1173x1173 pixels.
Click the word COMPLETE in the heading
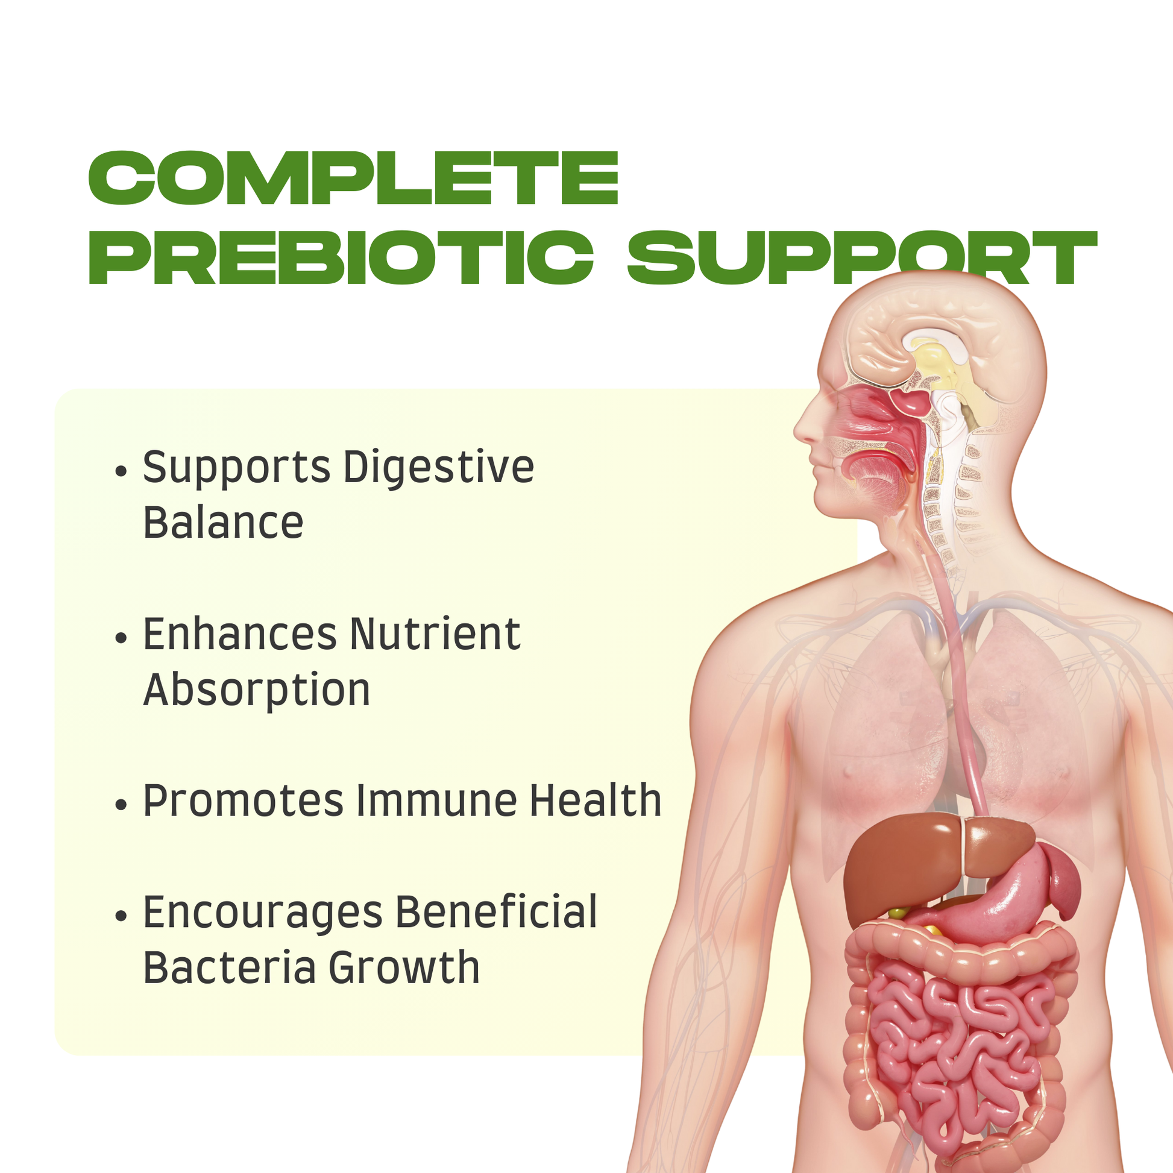click(353, 178)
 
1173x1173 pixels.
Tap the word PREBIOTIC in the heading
click(341, 257)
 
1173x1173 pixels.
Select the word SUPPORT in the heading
click(862, 257)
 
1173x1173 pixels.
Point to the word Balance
click(223, 522)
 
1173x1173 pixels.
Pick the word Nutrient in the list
click(435, 635)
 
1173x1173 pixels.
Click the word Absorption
click(257, 691)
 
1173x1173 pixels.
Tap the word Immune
click(436, 801)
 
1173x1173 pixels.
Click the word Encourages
click(263, 913)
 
